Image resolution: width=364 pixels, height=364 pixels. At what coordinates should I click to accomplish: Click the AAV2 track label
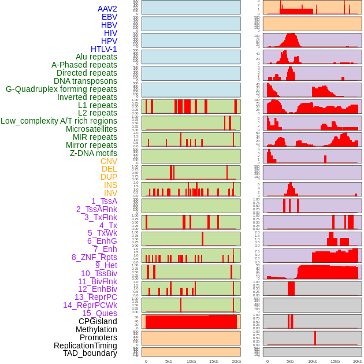point(107,9)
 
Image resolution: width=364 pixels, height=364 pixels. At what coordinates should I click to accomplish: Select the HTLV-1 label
point(103,49)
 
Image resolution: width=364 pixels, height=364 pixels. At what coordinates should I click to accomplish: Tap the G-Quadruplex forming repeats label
point(61,89)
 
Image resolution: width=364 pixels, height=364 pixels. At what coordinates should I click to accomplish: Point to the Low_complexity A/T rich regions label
point(59,121)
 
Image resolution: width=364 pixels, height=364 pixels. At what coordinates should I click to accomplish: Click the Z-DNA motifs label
point(94,153)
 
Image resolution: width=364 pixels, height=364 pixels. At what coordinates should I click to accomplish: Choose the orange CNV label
point(109,161)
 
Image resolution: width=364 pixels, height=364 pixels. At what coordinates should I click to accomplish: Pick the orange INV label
point(110,193)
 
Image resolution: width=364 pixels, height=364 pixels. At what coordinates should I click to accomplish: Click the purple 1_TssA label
point(104,201)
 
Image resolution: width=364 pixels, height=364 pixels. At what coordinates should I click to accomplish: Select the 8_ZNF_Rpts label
point(94,257)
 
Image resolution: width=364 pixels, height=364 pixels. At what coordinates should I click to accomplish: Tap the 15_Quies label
point(99,313)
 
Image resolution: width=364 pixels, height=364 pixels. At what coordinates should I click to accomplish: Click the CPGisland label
point(98,321)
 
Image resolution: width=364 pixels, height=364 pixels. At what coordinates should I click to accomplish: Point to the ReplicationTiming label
point(85,346)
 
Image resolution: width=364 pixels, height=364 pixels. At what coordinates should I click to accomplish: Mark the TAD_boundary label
point(90,353)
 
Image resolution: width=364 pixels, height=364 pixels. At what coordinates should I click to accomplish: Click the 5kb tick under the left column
point(169,361)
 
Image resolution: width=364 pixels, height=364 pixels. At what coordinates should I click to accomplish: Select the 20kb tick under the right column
point(358,361)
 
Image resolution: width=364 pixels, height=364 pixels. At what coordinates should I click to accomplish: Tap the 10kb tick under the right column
point(313,361)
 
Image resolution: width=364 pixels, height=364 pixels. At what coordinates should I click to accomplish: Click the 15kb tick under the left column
point(214,361)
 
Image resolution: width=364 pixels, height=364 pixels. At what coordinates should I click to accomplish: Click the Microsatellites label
point(91,129)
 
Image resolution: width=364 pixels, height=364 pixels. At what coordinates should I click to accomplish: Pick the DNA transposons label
point(86,81)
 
